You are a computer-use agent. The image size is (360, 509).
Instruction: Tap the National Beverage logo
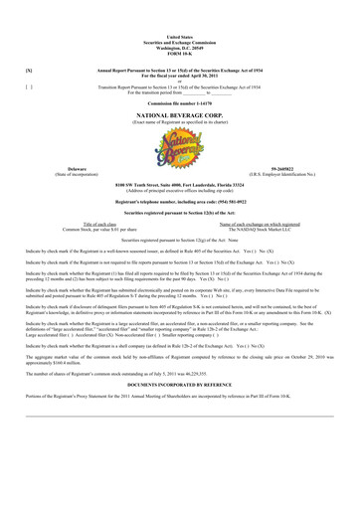point(180,146)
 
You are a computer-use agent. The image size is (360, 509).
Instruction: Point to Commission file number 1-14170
point(180,103)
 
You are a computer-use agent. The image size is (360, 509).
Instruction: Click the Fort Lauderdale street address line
point(180,186)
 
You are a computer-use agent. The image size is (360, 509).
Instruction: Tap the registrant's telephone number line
point(180,202)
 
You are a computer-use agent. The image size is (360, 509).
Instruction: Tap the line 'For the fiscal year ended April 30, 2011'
point(180,77)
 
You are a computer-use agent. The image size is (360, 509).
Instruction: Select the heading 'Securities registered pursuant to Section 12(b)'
point(180,213)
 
